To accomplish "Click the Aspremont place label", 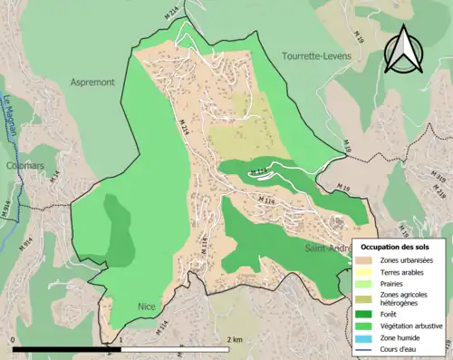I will (92, 82).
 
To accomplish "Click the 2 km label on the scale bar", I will (235, 340).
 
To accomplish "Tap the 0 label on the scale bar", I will (14, 340).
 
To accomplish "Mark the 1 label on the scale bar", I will (121, 340).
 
